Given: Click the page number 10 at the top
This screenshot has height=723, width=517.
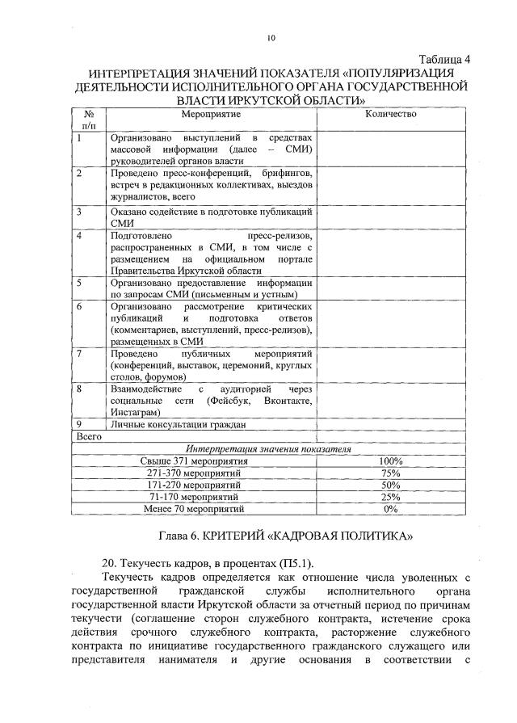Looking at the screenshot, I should tap(271, 37).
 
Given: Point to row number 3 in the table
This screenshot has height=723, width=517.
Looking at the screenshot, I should tap(79, 212).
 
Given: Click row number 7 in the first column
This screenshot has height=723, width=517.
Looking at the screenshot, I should tap(79, 354).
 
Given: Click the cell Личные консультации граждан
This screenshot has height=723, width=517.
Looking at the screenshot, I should tap(178, 424).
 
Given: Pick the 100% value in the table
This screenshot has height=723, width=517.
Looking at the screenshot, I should tap(391, 461).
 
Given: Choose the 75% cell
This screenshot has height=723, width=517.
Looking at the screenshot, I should tap(391, 473).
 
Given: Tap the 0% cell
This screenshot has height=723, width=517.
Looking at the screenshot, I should tap(391, 510).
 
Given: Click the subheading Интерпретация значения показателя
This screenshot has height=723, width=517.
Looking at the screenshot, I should tap(269, 449).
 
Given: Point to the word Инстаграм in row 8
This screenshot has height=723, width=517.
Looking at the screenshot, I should tap(134, 412).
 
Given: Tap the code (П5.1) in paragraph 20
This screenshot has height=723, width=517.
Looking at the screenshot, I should tap(296, 562).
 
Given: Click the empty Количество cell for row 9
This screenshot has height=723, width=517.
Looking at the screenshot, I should tap(391, 424).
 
